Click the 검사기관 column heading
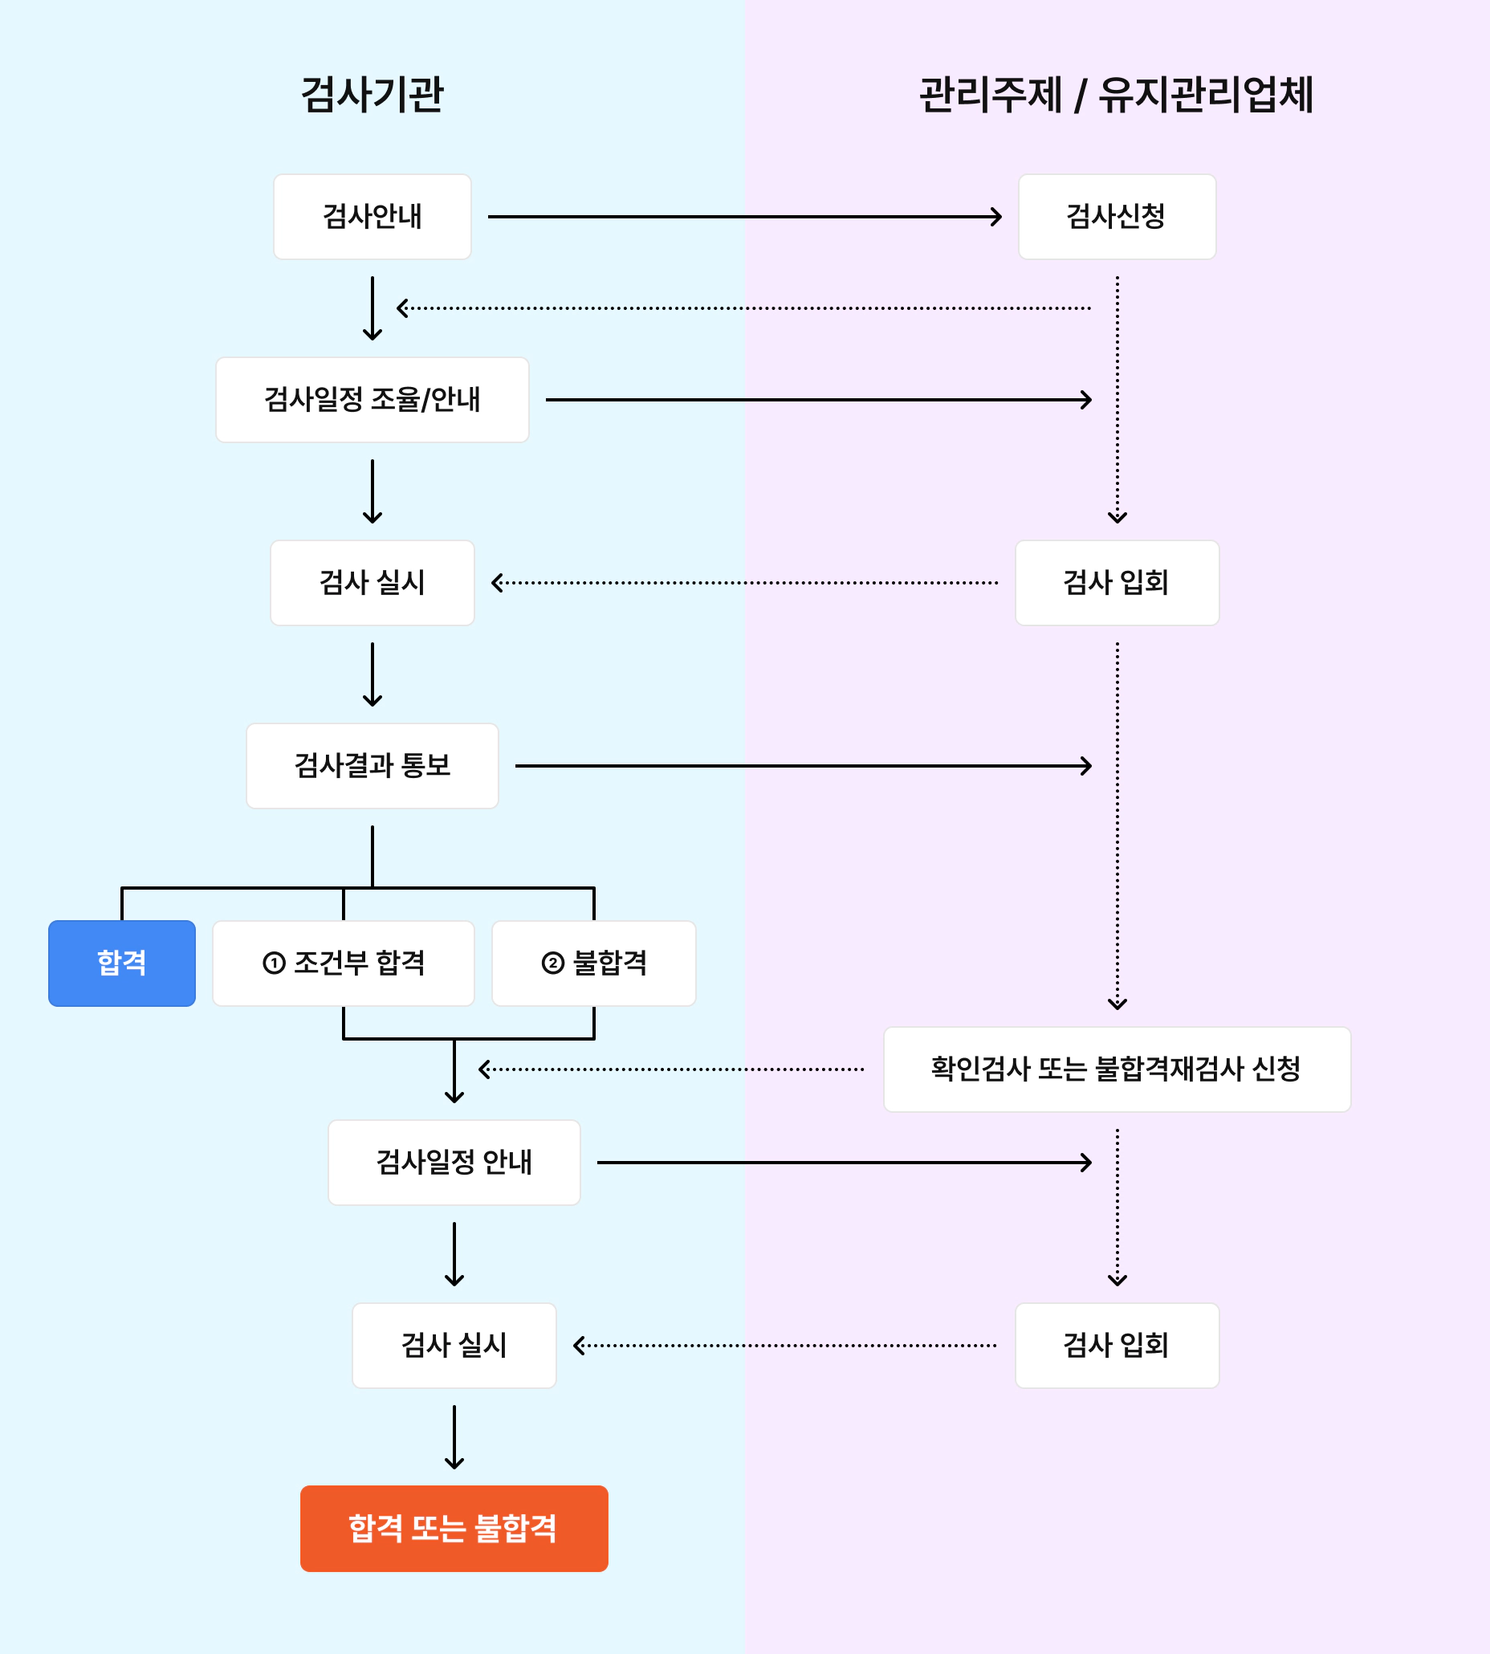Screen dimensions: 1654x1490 tap(372, 94)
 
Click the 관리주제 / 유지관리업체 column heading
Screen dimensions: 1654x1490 tap(1116, 94)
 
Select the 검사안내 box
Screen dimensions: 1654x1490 tap(372, 217)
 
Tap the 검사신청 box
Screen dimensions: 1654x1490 tap(1116, 217)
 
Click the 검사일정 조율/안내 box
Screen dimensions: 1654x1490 tap(372, 400)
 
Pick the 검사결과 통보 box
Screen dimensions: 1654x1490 tap(372, 766)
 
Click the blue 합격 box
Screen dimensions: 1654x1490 tap(122, 963)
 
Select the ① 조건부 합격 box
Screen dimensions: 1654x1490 tap(343, 963)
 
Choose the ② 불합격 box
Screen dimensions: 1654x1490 tap(593, 963)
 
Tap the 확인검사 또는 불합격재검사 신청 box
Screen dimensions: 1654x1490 tap(1116, 1069)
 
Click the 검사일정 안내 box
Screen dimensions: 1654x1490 tap(454, 1162)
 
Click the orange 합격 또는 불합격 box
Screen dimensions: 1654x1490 tap(454, 1528)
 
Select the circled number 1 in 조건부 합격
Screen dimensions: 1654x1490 tap(275, 963)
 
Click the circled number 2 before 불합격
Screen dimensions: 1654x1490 tap(552, 963)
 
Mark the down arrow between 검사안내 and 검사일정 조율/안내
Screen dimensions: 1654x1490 tap(372, 308)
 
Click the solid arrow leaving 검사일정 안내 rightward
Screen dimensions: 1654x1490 tap(843, 1162)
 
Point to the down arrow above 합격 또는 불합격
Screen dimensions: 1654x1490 tap(454, 1437)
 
